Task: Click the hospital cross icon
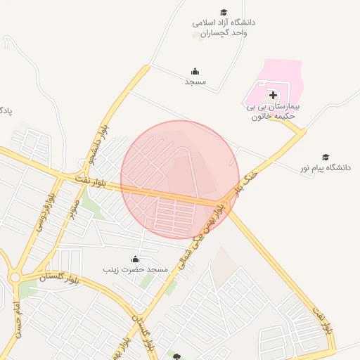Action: [x=273, y=94]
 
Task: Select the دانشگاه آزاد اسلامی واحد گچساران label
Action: [x=224, y=27]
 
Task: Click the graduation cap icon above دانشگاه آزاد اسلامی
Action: [x=224, y=12]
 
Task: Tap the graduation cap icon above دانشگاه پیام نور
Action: [x=325, y=157]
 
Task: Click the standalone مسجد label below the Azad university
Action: [x=195, y=82]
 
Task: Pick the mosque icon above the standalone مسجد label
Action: [x=195, y=71]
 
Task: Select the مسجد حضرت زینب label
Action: [x=135, y=269]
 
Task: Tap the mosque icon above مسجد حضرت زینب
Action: [x=135, y=259]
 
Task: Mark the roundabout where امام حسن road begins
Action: [x=15, y=278]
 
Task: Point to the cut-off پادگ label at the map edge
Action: [x=6, y=110]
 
